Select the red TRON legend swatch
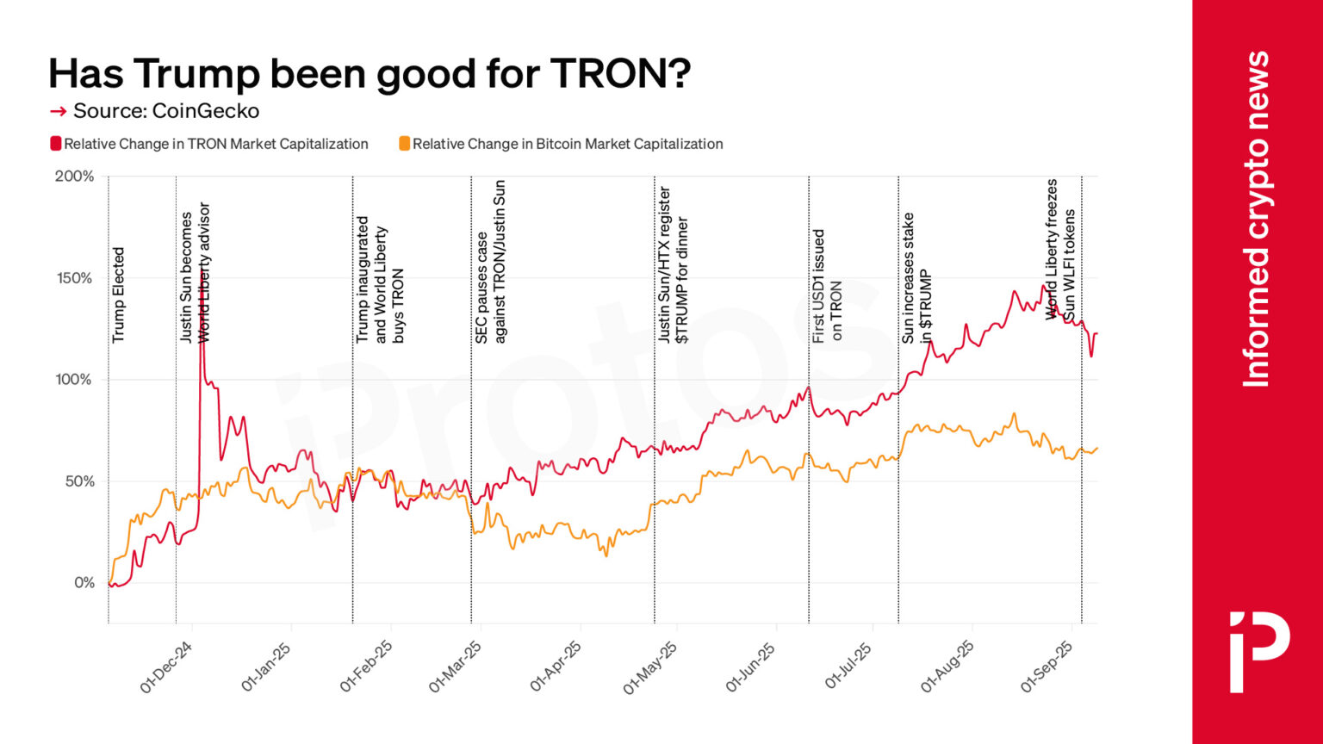pyautogui.click(x=56, y=144)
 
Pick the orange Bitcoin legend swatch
pyautogui.click(x=404, y=144)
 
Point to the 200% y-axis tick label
pyautogui.click(x=74, y=177)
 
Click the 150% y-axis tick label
pyautogui.click(x=74, y=278)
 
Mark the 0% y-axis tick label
pyautogui.click(x=84, y=583)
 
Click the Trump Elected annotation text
pyautogui.click(x=119, y=294)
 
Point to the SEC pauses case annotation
pyautogui.click(x=490, y=263)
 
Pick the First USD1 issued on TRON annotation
pyautogui.click(x=827, y=286)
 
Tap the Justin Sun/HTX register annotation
pyautogui.click(x=673, y=265)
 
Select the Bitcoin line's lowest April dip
pyautogui.click(x=606, y=555)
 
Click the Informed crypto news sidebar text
pyautogui.click(x=1257, y=220)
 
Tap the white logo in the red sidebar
pyautogui.click(x=1258, y=651)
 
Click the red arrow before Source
pyautogui.click(x=58, y=111)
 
